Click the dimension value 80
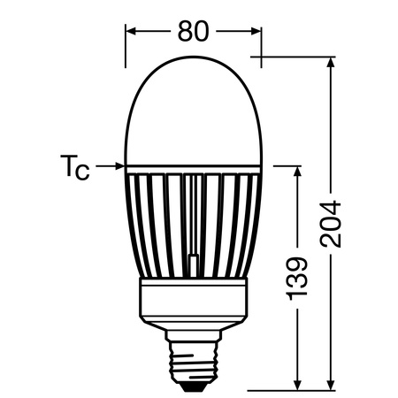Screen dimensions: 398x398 [193, 32]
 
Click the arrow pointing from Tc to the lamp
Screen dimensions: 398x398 [110, 165]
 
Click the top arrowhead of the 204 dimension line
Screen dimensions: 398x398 [331, 65]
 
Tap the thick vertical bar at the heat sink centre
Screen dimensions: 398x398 [194, 265]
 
